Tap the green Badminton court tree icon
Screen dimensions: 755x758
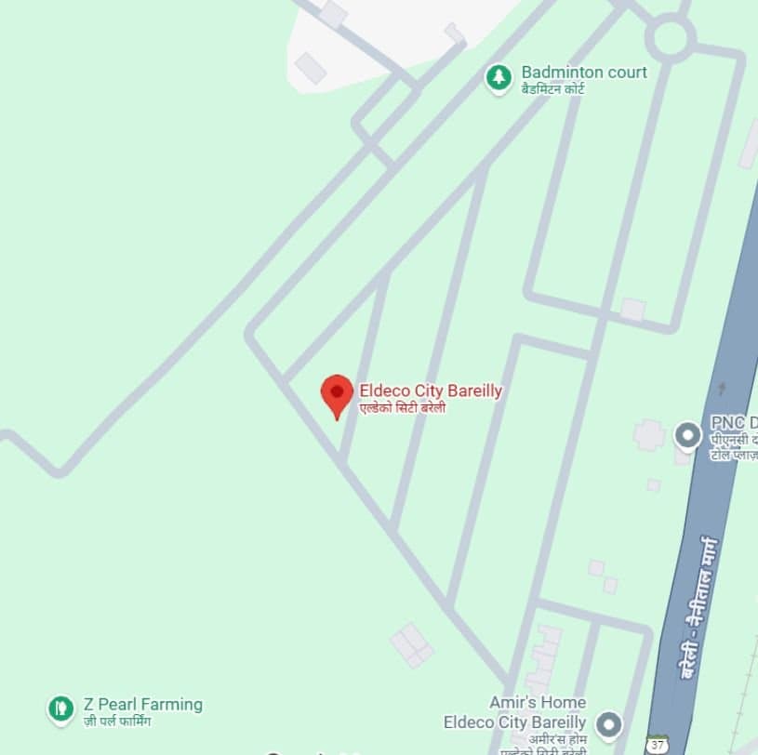(x=499, y=78)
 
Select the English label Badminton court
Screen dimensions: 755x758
(x=583, y=72)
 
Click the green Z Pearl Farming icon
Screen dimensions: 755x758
(x=60, y=709)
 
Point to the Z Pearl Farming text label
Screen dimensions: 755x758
(x=142, y=704)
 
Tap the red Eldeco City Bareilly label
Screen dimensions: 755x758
(x=431, y=391)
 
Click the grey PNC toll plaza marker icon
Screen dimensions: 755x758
(x=687, y=434)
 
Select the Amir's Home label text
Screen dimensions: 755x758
(x=538, y=702)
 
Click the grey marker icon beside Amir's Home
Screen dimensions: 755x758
(x=608, y=722)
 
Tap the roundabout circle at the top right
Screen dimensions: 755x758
(x=670, y=39)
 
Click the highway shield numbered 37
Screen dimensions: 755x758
(x=658, y=745)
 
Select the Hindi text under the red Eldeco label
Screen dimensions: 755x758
(x=403, y=408)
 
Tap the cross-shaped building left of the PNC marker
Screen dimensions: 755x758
(x=648, y=434)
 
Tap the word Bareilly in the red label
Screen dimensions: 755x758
(x=474, y=391)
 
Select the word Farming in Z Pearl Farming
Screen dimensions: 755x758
(x=171, y=704)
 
